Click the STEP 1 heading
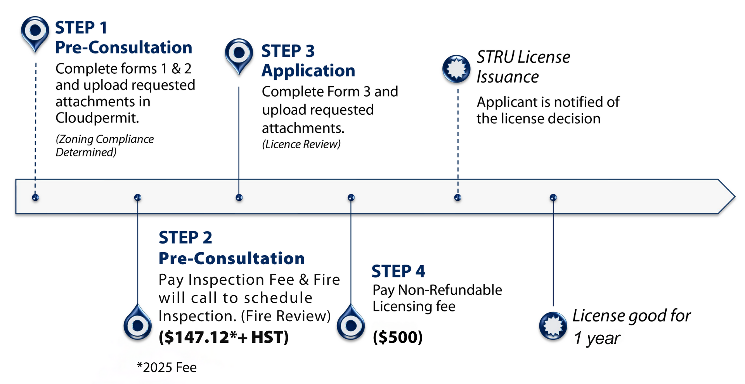pos(81,28)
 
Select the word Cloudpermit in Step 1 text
pos(97,118)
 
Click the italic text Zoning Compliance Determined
pos(104,145)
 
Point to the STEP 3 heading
pos(288,51)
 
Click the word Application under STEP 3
pos(308,71)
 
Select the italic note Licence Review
pos(301,144)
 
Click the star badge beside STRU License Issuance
pos(456,69)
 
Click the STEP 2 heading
pos(185,238)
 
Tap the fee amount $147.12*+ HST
pos(223,337)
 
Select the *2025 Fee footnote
pos(167,367)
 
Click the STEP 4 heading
pos(398,272)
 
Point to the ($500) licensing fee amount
pos(398,337)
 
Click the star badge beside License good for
pos(553,325)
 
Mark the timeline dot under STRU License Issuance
pos(457,198)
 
